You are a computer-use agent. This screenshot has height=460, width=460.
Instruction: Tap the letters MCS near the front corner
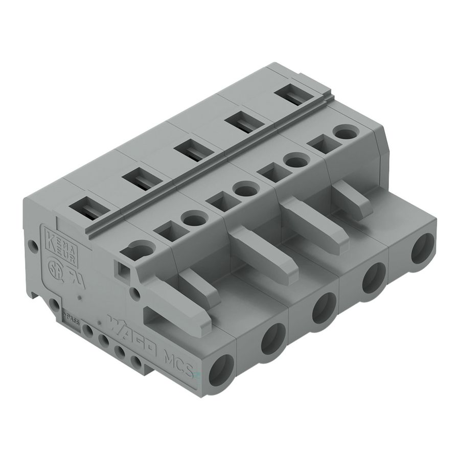[179, 363]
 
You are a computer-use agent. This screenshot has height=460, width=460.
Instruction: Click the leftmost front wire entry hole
[221, 370]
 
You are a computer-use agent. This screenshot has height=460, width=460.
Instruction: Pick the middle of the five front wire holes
[324, 309]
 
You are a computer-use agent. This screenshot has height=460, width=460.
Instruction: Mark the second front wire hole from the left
[273, 339]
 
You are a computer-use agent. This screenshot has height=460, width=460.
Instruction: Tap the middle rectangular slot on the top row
[189, 151]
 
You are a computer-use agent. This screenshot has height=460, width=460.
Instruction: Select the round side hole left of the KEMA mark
[33, 246]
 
